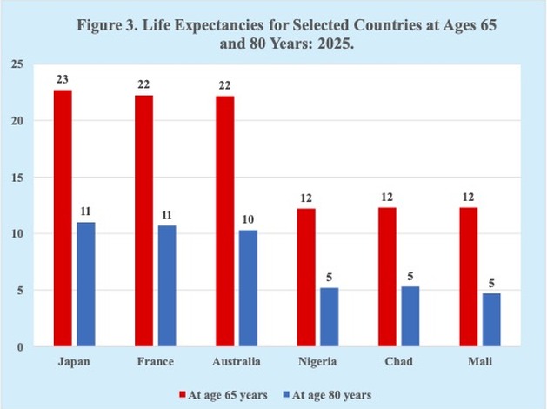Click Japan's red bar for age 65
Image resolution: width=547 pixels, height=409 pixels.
[x=63, y=218]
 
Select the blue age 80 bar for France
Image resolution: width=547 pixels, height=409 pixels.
[x=167, y=285]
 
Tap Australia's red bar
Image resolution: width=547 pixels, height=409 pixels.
[x=225, y=221]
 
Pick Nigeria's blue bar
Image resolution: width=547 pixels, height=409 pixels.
[x=330, y=317]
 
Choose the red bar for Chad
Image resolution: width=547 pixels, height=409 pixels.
[x=387, y=277]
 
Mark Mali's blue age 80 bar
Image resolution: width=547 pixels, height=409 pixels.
[x=491, y=319]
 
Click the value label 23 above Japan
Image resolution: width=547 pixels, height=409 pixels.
[x=63, y=79]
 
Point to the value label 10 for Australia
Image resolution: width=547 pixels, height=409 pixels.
[x=248, y=219]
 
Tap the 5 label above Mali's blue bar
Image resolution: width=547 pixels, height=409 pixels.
[x=491, y=283]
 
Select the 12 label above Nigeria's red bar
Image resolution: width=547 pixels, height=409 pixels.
[x=306, y=198]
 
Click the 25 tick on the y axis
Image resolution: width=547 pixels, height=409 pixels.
[x=17, y=64]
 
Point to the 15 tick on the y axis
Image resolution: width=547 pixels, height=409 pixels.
[x=17, y=178]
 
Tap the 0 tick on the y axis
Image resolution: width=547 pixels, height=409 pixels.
[x=20, y=347]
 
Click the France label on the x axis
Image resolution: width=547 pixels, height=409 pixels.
[x=156, y=361]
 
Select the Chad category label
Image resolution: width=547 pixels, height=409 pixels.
[x=399, y=361]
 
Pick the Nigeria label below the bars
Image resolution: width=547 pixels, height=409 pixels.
[x=317, y=362]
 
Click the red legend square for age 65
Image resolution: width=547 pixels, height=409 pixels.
[x=183, y=395]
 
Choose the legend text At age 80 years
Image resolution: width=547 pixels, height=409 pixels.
[x=331, y=395]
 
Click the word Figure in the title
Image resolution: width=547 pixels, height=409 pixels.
[x=99, y=26]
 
